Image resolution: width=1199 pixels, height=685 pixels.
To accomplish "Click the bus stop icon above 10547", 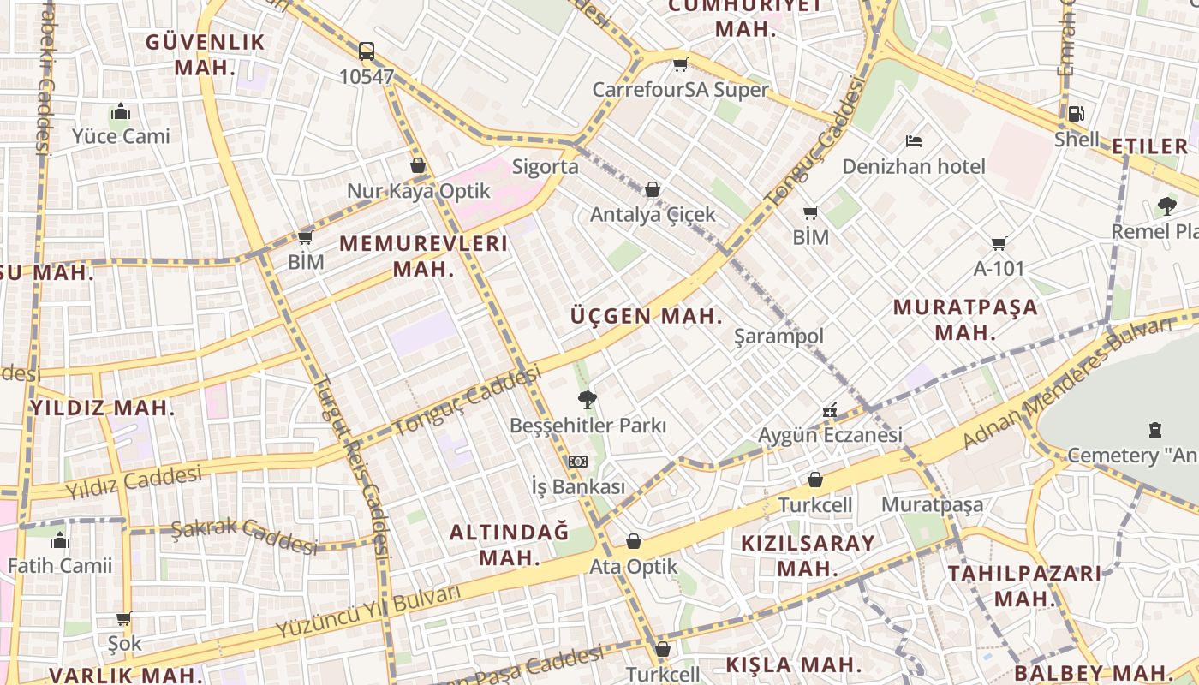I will click(367, 51).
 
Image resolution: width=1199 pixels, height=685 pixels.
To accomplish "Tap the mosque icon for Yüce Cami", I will click(121, 112).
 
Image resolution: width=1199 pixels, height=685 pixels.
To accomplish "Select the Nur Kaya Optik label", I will click(418, 190).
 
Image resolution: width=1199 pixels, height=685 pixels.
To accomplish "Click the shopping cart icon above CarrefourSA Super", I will click(681, 65).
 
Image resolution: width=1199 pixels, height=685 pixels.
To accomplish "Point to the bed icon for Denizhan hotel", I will click(914, 140).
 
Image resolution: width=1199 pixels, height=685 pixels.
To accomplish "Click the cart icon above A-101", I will click(999, 244).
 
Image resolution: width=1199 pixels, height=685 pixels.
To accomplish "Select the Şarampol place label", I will click(778, 336).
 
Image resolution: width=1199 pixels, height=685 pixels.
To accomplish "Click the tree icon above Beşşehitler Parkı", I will click(588, 399).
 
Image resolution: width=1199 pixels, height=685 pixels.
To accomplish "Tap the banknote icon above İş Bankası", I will click(578, 462).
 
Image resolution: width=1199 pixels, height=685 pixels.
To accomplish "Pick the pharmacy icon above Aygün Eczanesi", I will click(829, 411).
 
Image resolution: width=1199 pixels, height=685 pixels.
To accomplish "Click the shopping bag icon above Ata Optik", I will click(634, 541).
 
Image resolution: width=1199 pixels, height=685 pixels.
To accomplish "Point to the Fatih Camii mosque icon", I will click(60, 540).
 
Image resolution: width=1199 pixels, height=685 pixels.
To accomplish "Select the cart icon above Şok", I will click(124, 618).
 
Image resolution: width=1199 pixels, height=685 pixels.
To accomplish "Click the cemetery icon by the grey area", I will click(1155, 430).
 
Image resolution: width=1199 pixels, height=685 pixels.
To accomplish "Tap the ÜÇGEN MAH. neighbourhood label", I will click(647, 316).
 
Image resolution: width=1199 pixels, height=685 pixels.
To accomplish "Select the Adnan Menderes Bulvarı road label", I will click(1066, 384).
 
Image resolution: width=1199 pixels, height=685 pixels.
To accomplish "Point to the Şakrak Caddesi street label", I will click(244, 537).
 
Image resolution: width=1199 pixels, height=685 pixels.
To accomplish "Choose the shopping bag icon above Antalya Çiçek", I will click(653, 189).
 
